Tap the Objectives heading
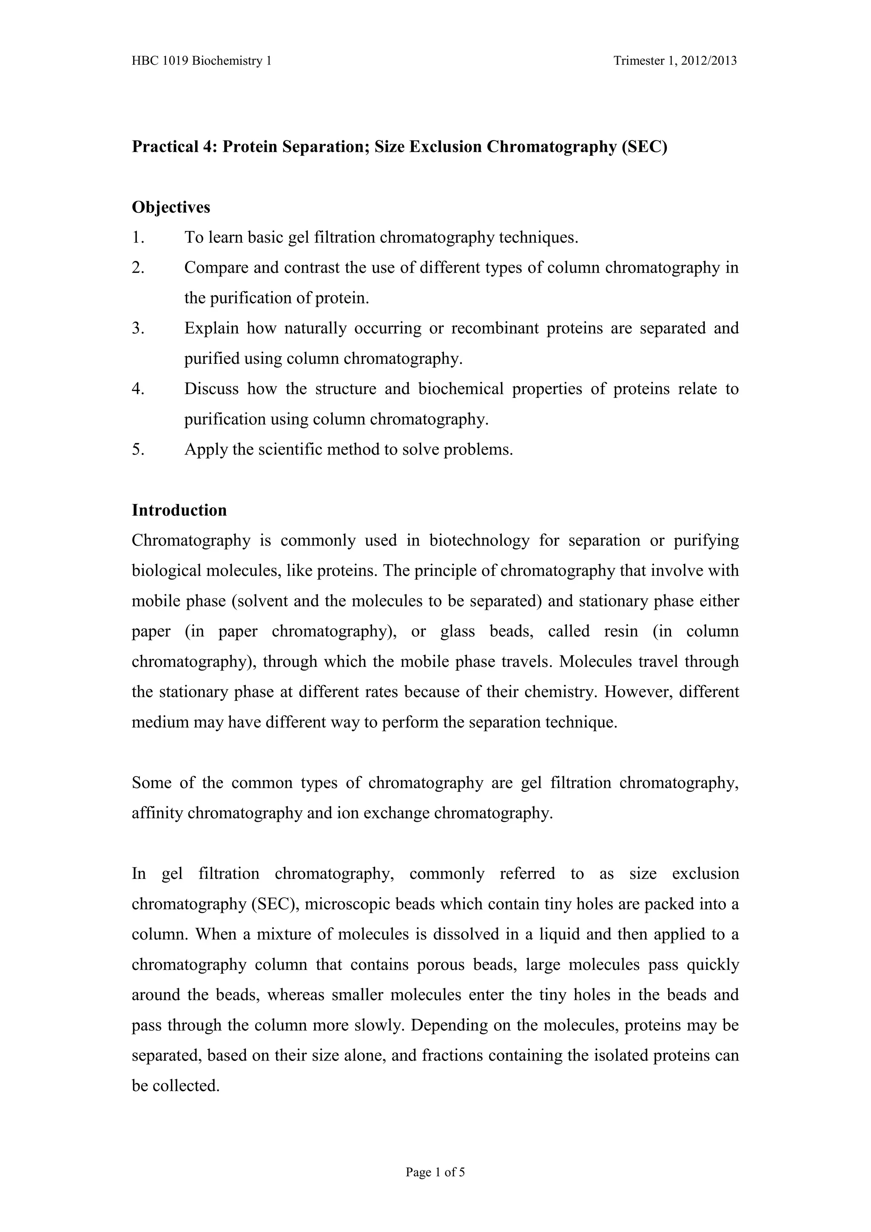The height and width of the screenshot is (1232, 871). point(171,207)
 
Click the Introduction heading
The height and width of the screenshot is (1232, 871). point(179,510)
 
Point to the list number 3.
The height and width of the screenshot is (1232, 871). point(138,328)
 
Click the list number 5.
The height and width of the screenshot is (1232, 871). point(138,449)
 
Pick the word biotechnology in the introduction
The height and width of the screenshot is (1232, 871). point(479,540)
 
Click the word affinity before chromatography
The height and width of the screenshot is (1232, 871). point(158,813)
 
